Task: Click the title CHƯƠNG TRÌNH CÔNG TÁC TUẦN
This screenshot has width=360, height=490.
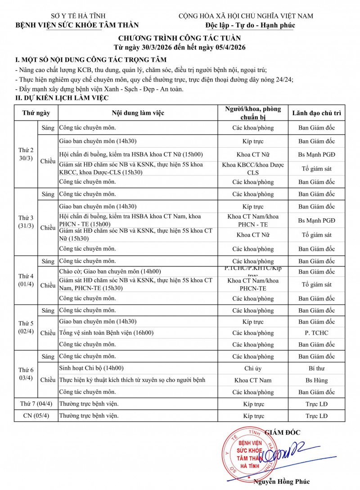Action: click(x=180, y=38)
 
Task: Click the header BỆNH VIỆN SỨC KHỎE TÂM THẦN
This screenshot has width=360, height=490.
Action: click(x=77, y=25)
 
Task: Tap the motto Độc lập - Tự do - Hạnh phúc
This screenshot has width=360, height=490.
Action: click(x=250, y=25)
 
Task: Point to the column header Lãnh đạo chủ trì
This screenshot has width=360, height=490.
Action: click(x=316, y=113)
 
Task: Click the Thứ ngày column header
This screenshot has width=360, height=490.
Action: click(x=33, y=113)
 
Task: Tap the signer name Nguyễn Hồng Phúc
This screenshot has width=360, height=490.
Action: click(x=281, y=481)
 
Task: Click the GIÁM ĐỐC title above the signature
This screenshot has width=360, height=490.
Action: click(x=282, y=432)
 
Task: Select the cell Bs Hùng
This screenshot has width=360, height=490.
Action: click(x=316, y=380)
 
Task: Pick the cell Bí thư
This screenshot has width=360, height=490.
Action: click(x=316, y=368)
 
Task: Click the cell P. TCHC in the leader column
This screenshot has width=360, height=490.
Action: click(x=316, y=333)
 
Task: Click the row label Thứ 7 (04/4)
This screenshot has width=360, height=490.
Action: click(x=36, y=404)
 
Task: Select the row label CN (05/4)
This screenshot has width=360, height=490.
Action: click(x=36, y=416)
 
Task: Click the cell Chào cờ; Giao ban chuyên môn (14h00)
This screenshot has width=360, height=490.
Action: click(x=110, y=272)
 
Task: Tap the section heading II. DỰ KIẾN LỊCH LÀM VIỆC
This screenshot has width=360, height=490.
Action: click(x=61, y=98)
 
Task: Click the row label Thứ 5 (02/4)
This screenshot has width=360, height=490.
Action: click(x=26, y=327)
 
